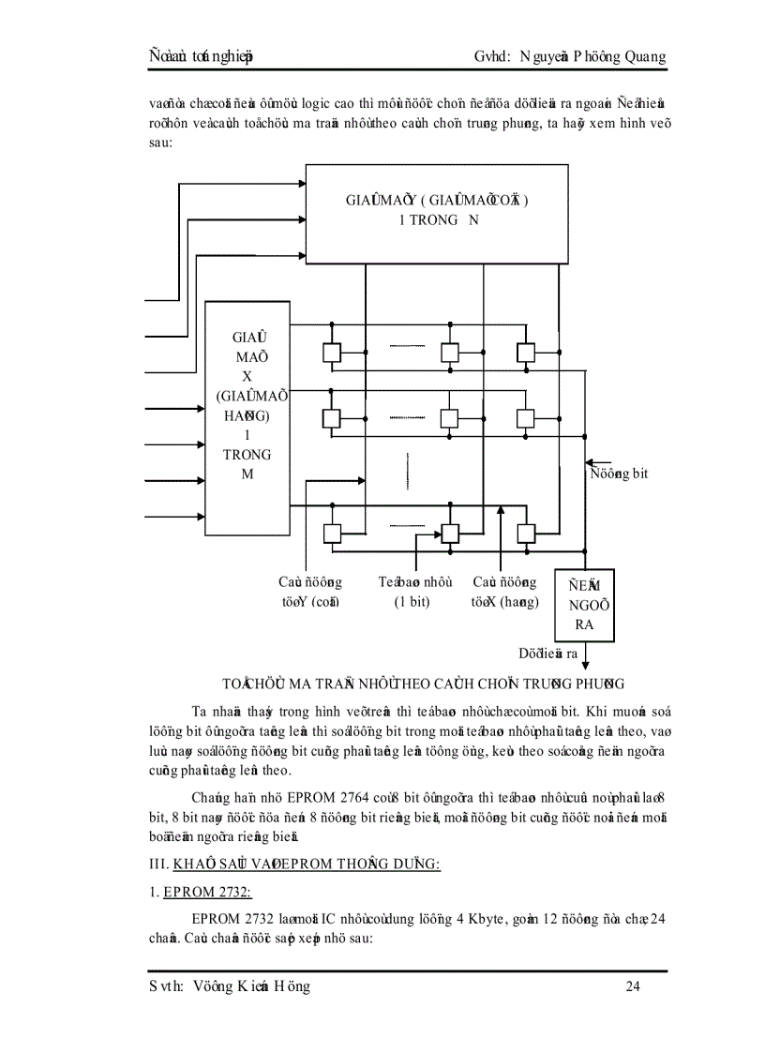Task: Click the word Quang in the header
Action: (x=640, y=56)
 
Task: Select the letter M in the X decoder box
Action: (x=247, y=474)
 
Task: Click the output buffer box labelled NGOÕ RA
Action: (x=585, y=605)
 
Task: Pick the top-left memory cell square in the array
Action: (x=331, y=353)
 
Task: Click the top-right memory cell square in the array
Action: (x=525, y=353)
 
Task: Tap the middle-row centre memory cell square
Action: (x=450, y=416)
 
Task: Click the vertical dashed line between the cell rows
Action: (x=408, y=472)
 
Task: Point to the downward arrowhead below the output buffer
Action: (x=586, y=665)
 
